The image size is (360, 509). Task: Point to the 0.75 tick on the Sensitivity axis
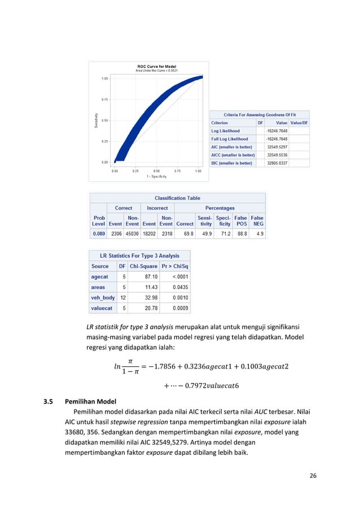click(105, 99)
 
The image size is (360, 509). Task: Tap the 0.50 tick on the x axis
click(157, 170)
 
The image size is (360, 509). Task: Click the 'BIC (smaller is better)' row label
click(232, 163)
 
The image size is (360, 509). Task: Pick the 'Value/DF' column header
click(299, 122)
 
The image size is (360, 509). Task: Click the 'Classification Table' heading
click(178, 198)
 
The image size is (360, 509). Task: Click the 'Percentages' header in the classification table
click(219, 208)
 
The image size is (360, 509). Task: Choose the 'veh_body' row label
click(103, 298)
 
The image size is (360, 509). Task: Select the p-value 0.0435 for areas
click(180, 287)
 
